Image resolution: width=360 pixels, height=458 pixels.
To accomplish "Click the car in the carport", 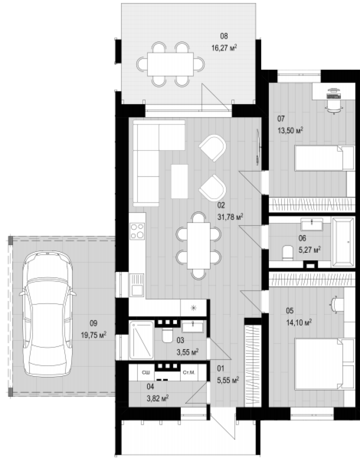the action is pyautogui.click(x=48, y=314).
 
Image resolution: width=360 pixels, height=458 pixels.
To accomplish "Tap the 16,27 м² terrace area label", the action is pyautogui.click(x=224, y=48).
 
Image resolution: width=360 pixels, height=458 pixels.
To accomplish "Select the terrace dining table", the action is pyautogui.click(x=170, y=64).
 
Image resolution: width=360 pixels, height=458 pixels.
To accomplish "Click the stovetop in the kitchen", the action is pyautogui.click(x=137, y=231).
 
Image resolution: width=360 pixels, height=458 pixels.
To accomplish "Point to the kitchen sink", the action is pyautogui.click(x=137, y=285).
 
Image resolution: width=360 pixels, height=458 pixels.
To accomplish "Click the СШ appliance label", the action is pyautogui.click(x=146, y=372).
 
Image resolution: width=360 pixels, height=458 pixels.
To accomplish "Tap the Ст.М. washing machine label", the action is pyautogui.click(x=189, y=372).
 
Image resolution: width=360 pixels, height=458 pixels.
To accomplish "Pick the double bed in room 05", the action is pyautogui.click(x=324, y=364).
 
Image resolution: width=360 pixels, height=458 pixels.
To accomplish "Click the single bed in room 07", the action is pyautogui.click(x=324, y=158).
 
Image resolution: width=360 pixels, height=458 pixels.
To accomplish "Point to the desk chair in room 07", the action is pyautogui.click(x=334, y=107).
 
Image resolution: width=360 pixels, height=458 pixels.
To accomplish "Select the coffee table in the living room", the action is pyautogui.click(x=179, y=181).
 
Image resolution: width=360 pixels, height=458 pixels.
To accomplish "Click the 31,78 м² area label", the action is pyautogui.click(x=230, y=217).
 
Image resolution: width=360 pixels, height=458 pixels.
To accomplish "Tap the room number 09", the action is pyautogui.click(x=94, y=323).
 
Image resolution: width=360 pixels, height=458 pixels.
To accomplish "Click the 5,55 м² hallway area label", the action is pyautogui.click(x=228, y=380).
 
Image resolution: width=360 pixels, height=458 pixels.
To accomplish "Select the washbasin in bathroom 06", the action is pyautogui.click(x=312, y=224).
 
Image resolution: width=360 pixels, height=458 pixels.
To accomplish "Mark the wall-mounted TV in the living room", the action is pyautogui.click(x=258, y=147).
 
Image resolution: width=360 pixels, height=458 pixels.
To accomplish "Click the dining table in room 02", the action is pyautogui.click(x=199, y=246).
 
